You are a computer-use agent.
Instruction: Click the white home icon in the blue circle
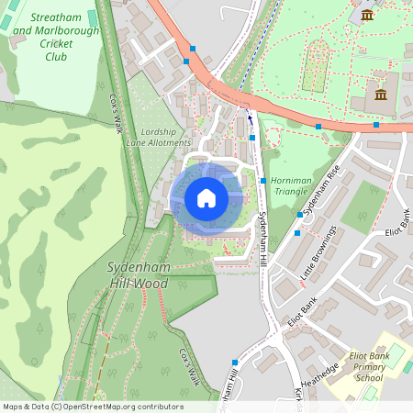(206, 198)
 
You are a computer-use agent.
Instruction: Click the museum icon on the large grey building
(381, 95)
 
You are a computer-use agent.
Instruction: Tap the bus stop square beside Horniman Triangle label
(263, 181)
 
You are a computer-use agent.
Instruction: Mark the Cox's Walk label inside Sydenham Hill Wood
(188, 367)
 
